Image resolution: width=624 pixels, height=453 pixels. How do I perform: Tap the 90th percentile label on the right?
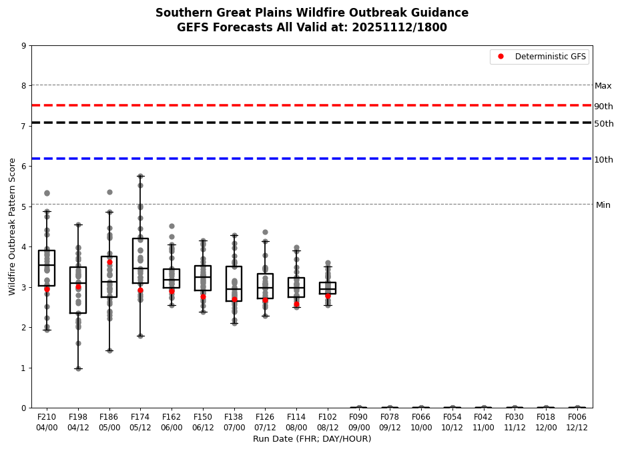[603, 107]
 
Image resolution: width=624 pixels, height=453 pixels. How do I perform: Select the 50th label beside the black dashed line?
[603, 124]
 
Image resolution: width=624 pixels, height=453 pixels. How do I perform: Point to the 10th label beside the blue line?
[603, 160]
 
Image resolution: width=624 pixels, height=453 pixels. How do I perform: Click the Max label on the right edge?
[603, 86]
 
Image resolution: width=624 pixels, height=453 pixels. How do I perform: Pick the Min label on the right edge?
[603, 205]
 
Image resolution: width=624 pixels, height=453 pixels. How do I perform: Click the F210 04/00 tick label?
[47, 421]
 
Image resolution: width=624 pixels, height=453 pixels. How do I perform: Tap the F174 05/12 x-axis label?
[140, 421]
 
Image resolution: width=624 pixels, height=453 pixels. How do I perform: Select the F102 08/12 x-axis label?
[328, 421]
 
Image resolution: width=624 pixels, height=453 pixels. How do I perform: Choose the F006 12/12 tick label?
[577, 421]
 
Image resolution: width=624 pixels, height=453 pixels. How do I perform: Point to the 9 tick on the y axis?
[24, 46]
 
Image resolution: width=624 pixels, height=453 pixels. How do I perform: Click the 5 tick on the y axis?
[24, 207]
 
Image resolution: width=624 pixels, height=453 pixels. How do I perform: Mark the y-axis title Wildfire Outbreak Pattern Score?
[13, 226]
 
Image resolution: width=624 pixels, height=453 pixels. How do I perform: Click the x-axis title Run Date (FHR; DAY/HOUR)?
[312, 439]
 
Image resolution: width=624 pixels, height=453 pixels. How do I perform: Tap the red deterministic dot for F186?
[109, 262]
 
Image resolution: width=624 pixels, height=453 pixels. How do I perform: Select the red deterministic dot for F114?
[296, 304]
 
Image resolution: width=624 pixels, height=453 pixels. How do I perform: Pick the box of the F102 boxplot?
[328, 288]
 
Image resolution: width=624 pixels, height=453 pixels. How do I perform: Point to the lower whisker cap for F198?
[78, 368]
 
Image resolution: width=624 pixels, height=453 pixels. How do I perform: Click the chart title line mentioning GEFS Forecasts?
[312, 28]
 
